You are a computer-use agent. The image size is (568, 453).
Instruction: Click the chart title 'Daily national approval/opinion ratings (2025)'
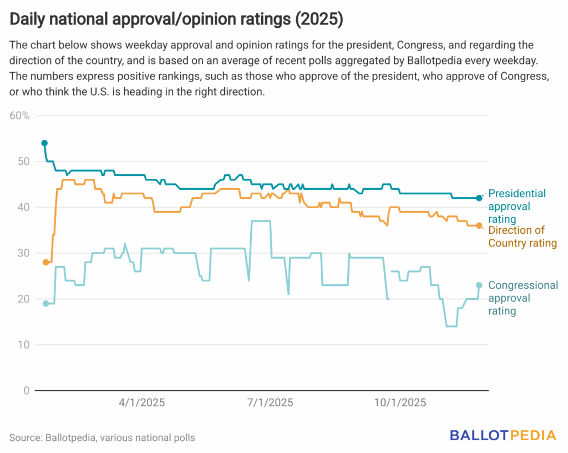[176, 20]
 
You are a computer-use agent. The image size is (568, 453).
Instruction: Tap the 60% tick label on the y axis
[19, 115]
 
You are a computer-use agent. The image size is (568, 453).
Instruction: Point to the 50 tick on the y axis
[24, 162]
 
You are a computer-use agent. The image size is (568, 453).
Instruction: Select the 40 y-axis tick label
[24, 207]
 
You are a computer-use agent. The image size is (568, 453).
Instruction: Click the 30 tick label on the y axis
[24, 253]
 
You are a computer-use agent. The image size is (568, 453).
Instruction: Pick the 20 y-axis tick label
[24, 299]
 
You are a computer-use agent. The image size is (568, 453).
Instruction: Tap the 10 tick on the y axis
[24, 345]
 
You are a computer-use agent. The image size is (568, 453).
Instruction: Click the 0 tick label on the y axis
[26, 390]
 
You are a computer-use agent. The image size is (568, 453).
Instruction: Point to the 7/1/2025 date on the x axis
[270, 402]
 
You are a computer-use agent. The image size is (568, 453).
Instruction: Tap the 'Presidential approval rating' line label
[516, 206]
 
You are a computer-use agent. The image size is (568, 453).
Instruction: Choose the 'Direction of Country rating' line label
[522, 236]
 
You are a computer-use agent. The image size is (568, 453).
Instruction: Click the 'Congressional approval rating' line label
[523, 298]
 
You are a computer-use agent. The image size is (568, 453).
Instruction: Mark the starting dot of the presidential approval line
[44, 143]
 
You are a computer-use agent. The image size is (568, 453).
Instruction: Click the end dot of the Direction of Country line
[479, 225]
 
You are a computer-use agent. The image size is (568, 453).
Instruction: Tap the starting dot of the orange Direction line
[45, 262]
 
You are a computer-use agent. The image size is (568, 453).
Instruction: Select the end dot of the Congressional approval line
[479, 285]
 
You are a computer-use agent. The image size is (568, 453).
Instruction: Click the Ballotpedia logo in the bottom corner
[503, 435]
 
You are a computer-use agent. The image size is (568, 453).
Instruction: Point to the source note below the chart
[102, 438]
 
